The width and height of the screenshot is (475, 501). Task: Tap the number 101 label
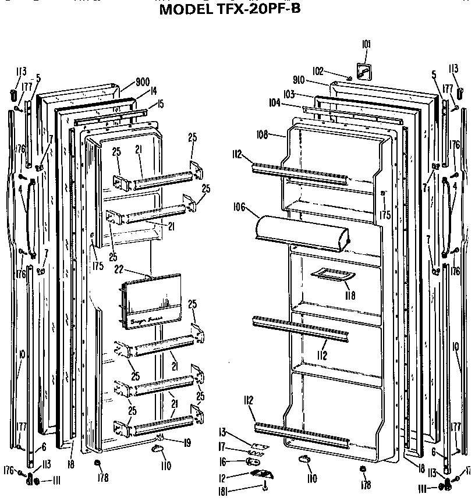(x=365, y=44)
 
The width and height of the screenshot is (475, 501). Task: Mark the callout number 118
(x=349, y=295)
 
